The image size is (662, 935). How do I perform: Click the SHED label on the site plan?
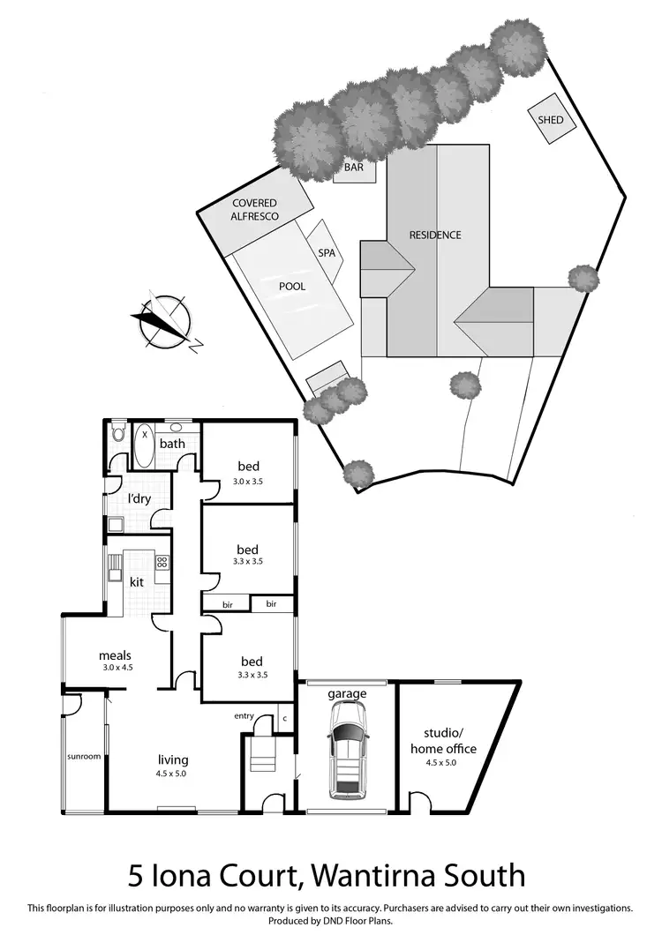pyautogui.click(x=545, y=120)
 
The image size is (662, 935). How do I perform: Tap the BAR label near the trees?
pyautogui.click(x=354, y=165)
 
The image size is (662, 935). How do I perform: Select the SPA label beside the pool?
pyautogui.click(x=327, y=252)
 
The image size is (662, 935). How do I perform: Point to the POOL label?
pyautogui.click(x=292, y=287)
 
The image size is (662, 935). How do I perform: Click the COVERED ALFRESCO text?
pyautogui.click(x=255, y=209)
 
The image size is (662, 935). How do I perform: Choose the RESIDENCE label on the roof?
pyautogui.click(x=435, y=236)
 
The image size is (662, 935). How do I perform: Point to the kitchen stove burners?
pyautogui.click(x=162, y=562)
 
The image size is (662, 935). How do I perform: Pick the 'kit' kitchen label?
pyautogui.click(x=137, y=582)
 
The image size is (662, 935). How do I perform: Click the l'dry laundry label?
pyautogui.click(x=139, y=500)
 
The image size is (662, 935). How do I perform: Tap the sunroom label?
pyautogui.click(x=83, y=756)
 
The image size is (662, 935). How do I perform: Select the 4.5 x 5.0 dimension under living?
pyautogui.click(x=173, y=774)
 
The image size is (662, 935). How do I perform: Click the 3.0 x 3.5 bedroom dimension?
pyautogui.click(x=247, y=481)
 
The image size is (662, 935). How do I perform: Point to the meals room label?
pyautogui.click(x=116, y=655)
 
